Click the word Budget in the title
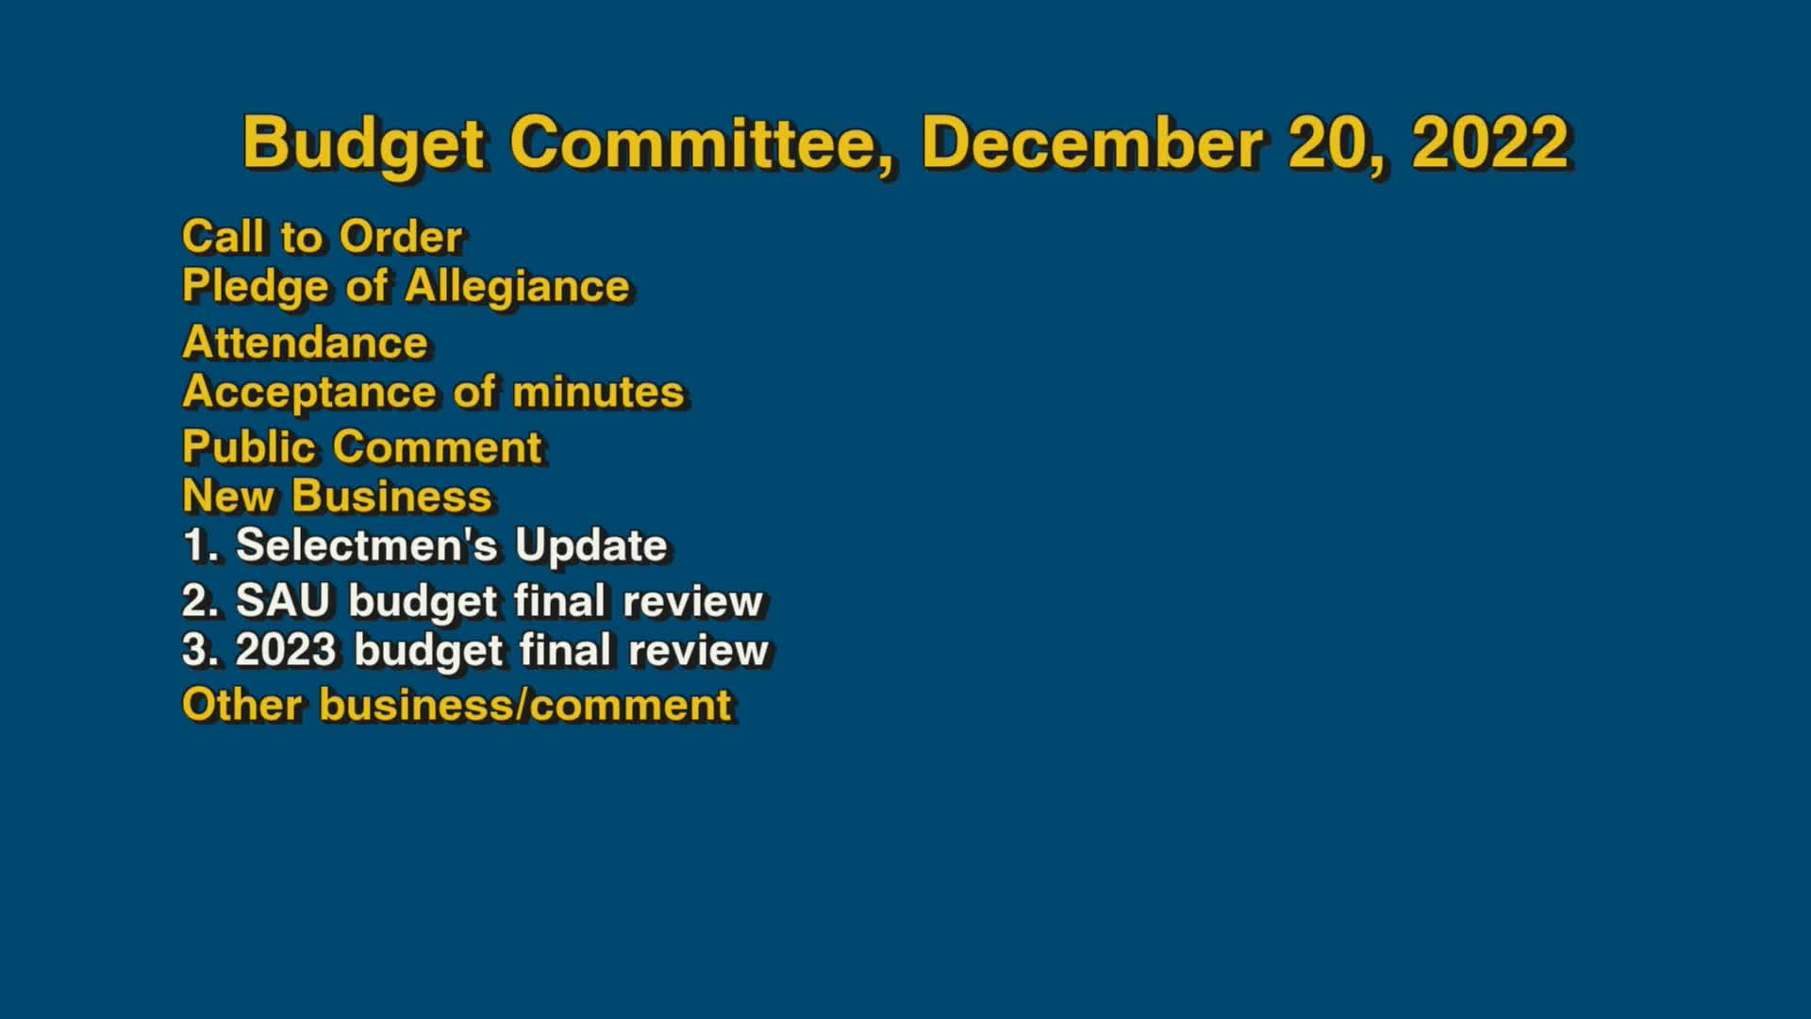(x=364, y=143)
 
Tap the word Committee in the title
(x=700, y=143)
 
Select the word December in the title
(x=1092, y=143)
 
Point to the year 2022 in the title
(x=1490, y=143)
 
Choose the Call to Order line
(x=322, y=237)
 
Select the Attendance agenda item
(x=305, y=342)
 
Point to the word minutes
(x=598, y=393)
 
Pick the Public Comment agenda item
(x=362, y=447)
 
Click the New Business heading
(x=337, y=496)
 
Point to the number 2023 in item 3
(x=286, y=650)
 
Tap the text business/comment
(x=525, y=705)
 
